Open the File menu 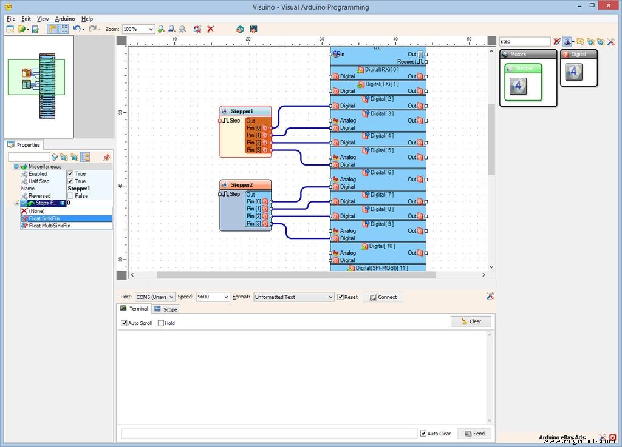(x=11, y=19)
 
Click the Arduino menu (x=65, y=19)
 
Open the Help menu (x=87, y=19)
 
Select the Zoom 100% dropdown (x=138, y=29)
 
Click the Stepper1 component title (x=241, y=111)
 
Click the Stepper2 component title (x=241, y=184)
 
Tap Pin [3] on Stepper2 (x=254, y=224)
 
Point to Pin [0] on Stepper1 (x=254, y=128)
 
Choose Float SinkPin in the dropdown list (x=44, y=218)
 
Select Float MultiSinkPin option (x=49, y=226)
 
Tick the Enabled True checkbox (x=70, y=174)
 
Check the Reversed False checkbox (x=70, y=196)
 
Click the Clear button (x=471, y=321)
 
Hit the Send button (x=474, y=434)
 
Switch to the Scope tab (x=166, y=309)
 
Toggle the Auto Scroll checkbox (x=125, y=323)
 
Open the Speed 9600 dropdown (x=213, y=297)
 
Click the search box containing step (x=524, y=42)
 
